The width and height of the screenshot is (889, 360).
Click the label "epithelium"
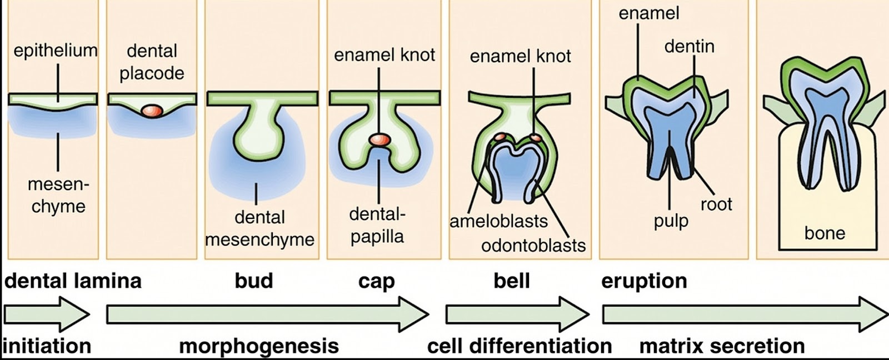(x=56, y=51)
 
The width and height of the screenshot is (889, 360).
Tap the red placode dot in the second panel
(x=152, y=111)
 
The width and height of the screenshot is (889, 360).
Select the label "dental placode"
(x=152, y=62)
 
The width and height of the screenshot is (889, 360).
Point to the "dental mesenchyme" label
(x=259, y=228)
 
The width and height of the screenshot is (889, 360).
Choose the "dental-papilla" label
(x=377, y=225)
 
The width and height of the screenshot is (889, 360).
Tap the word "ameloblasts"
(x=498, y=221)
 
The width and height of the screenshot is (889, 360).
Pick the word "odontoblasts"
(x=533, y=245)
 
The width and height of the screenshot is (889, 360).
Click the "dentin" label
(x=689, y=46)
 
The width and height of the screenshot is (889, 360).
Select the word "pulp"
(x=671, y=221)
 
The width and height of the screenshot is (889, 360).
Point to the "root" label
(x=716, y=204)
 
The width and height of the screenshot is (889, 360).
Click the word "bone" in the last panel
(x=825, y=233)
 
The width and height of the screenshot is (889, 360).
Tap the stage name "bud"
(x=254, y=281)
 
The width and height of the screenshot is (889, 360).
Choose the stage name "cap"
(x=376, y=281)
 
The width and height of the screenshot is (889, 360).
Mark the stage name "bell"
(x=511, y=281)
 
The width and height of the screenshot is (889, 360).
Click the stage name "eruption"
(x=644, y=281)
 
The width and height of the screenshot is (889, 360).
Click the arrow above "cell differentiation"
(x=517, y=314)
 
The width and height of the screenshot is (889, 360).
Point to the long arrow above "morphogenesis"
(x=267, y=314)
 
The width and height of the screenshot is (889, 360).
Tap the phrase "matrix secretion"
(x=722, y=346)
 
